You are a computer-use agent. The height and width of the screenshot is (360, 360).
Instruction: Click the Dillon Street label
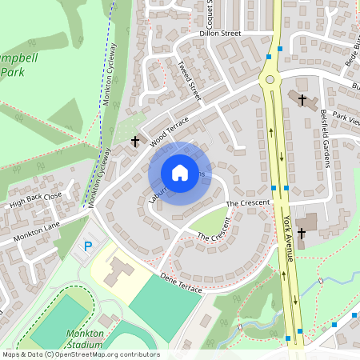219,34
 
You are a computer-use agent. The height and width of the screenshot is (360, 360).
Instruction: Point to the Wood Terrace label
168,128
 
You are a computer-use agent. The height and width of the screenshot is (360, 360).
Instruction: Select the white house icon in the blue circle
180,173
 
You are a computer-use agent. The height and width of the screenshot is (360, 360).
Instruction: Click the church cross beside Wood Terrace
135,142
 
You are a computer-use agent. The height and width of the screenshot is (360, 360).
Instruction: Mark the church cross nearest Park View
302,100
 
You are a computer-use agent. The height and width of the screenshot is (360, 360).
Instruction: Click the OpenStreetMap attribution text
80,354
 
